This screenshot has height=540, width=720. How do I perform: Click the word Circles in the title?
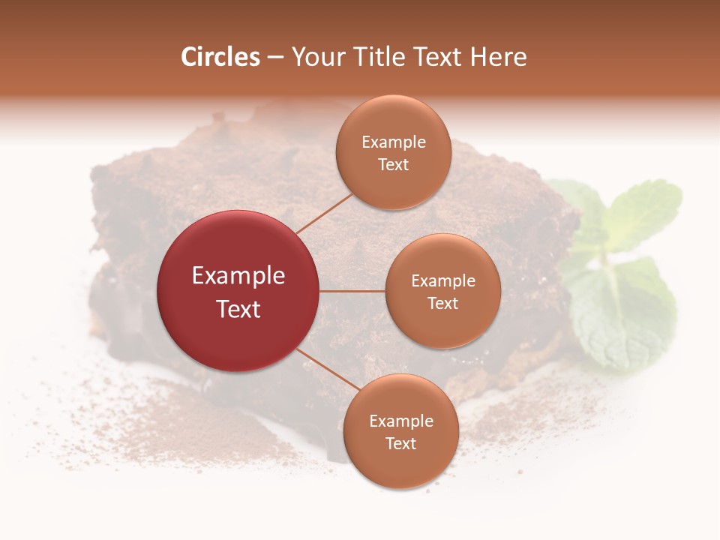point(220,57)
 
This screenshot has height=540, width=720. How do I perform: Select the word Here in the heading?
point(498,57)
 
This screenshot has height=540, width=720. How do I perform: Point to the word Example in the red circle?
point(238,276)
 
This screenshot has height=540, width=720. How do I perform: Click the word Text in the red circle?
point(238,308)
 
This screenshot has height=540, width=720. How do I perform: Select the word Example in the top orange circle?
point(394,142)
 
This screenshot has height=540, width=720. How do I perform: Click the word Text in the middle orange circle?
point(442,303)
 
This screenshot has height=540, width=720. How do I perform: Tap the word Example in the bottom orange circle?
point(401,421)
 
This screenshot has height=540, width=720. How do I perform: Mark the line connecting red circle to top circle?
point(324,213)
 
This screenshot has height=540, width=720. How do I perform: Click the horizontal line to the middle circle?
point(352,291)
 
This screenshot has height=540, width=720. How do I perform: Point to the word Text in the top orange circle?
point(393,164)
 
